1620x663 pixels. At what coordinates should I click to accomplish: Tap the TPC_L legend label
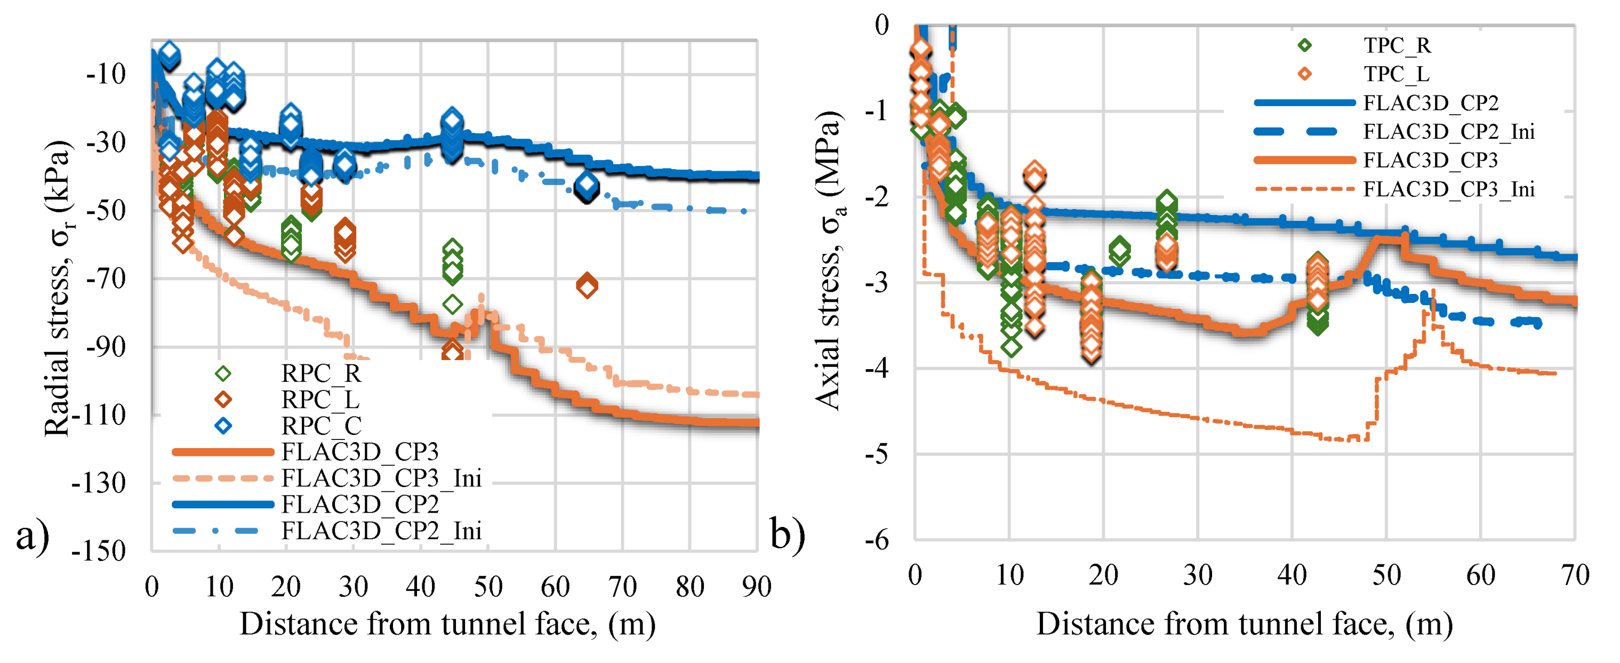(1396, 74)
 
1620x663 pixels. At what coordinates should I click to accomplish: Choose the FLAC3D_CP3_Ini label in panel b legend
(1448, 189)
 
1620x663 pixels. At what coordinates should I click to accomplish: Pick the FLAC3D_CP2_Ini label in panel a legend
(381, 531)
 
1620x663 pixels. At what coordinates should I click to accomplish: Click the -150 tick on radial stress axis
(99, 551)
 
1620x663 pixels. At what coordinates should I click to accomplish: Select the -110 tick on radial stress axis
(99, 415)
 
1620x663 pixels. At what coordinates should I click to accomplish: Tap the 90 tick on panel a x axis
(757, 587)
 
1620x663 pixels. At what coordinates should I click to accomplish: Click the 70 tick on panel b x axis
(1575, 575)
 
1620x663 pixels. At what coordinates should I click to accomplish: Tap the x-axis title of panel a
(447, 625)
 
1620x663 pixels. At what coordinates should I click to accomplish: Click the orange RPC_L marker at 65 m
(587, 285)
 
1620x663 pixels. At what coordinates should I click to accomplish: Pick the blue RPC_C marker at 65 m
(587, 185)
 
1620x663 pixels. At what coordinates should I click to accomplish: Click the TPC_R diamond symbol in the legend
(1305, 45)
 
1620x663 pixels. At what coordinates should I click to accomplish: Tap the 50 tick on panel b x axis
(1386, 575)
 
